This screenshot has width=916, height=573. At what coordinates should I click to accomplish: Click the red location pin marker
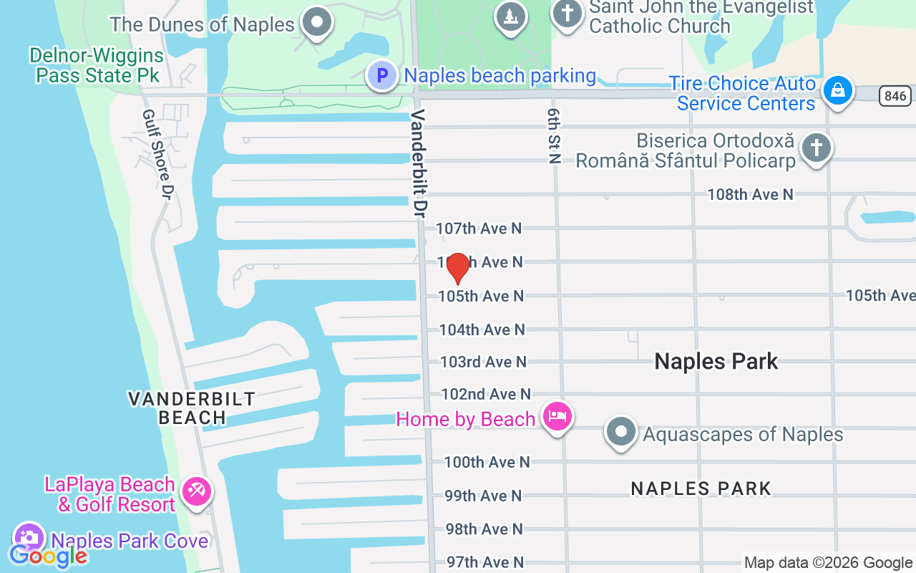(457, 269)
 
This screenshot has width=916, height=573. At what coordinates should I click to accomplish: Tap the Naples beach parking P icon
(382, 75)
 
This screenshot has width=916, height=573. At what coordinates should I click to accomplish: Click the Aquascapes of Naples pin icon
(620, 433)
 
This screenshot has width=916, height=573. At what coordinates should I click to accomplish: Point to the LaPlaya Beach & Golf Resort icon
(195, 491)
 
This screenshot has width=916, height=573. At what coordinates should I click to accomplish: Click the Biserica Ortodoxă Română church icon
(816, 149)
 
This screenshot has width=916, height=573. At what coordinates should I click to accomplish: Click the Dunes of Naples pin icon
(315, 21)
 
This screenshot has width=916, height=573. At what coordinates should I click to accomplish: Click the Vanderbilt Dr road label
(419, 163)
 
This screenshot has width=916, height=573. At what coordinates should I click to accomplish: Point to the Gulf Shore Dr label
(158, 155)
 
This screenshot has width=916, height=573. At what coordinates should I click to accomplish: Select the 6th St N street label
(553, 137)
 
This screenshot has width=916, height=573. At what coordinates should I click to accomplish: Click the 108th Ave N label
(750, 194)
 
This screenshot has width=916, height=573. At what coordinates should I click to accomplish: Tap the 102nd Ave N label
(486, 394)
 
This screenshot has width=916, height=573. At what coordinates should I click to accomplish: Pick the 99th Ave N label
(484, 496)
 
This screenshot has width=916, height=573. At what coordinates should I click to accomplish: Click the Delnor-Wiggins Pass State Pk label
(97, 65)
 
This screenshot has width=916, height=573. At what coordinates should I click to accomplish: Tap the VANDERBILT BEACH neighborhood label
(192, 408)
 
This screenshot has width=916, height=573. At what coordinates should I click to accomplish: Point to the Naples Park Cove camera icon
(29, 538)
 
